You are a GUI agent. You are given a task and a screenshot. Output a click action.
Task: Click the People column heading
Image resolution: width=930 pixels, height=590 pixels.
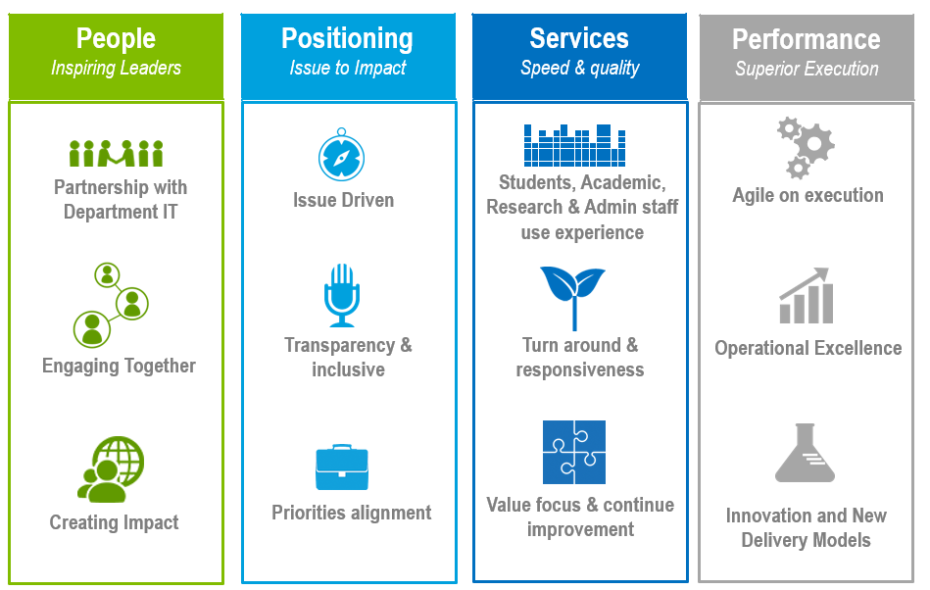coord(116,38)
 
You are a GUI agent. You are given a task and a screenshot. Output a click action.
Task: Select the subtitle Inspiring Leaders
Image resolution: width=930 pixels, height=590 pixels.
coord(116,69)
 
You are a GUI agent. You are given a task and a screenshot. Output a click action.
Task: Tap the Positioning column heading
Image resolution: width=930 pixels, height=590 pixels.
coord(347,38)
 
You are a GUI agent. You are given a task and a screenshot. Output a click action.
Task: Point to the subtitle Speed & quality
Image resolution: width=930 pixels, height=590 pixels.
coord(580,69)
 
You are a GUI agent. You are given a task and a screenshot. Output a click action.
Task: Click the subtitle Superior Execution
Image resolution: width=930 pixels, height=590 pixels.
coord(807,69)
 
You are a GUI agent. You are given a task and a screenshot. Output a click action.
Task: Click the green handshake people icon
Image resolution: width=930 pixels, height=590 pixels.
coord(116,153)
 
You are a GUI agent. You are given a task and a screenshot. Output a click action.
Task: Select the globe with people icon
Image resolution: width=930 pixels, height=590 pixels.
coord(112,469)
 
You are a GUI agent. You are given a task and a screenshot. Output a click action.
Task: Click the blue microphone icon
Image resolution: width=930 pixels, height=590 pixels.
coord(342,295)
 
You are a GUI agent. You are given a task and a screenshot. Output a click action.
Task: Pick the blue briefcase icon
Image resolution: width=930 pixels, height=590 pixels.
coord(342,467)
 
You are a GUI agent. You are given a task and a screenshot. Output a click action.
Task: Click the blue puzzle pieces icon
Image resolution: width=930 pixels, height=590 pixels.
coord(574,452)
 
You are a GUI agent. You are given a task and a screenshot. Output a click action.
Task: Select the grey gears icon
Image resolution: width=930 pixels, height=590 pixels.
coord(806,146)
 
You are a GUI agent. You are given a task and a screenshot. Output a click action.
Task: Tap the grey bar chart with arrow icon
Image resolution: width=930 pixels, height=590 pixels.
coord(806,296)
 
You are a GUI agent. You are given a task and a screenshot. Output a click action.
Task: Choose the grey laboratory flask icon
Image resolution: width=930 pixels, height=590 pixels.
coord(806,453)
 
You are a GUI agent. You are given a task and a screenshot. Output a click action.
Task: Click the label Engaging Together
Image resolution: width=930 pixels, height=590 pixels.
coord(119,366)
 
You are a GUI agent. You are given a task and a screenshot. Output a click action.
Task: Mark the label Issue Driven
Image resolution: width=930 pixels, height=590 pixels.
coord(343,200)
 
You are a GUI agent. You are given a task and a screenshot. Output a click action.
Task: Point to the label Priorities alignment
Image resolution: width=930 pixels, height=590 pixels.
coord(351,513)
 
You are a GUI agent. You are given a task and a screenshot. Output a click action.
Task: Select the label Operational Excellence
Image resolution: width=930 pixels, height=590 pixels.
coord(808,348)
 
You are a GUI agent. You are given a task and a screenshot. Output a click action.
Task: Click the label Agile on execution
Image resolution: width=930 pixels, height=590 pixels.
coord(808,195)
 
